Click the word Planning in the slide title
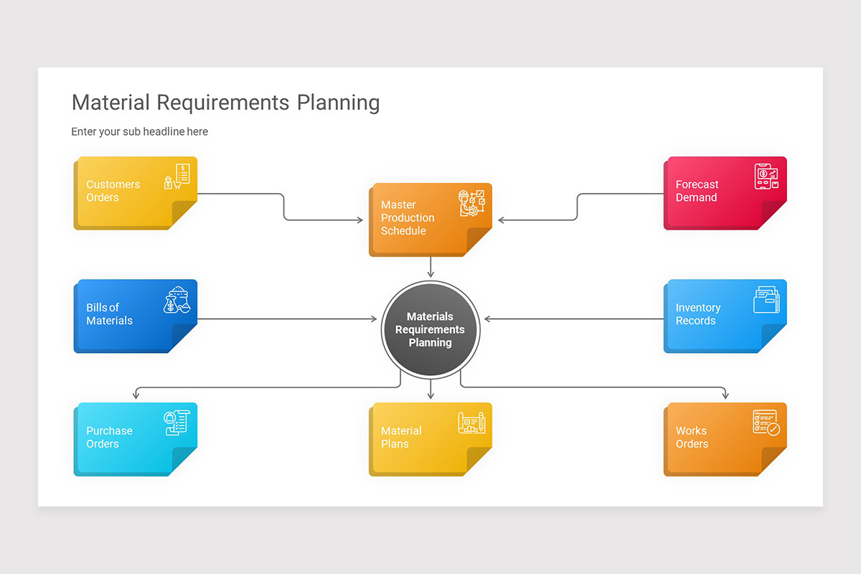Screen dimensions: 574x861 point(338,103)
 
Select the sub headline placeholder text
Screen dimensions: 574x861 point(139,132)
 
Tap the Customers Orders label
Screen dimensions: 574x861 point(113,191)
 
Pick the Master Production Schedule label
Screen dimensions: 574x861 point(408,218)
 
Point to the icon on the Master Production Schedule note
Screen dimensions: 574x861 point(472,203)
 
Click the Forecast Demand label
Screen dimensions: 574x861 point(697,191)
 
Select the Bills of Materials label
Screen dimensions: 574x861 point(109,314)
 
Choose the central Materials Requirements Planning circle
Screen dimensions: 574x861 point(430,330)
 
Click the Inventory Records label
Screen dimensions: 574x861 point(697,314)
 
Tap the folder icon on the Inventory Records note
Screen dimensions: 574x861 point(766,300)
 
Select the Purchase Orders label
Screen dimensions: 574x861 point(109,438)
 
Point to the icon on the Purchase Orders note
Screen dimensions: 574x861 point(177,423)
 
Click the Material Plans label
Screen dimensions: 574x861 point(401,438)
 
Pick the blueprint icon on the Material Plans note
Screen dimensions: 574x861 point(472,423)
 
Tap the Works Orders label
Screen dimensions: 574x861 point(692,438)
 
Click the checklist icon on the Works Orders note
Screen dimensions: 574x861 point(766,423)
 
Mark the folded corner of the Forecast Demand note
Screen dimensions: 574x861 point(773,215)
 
